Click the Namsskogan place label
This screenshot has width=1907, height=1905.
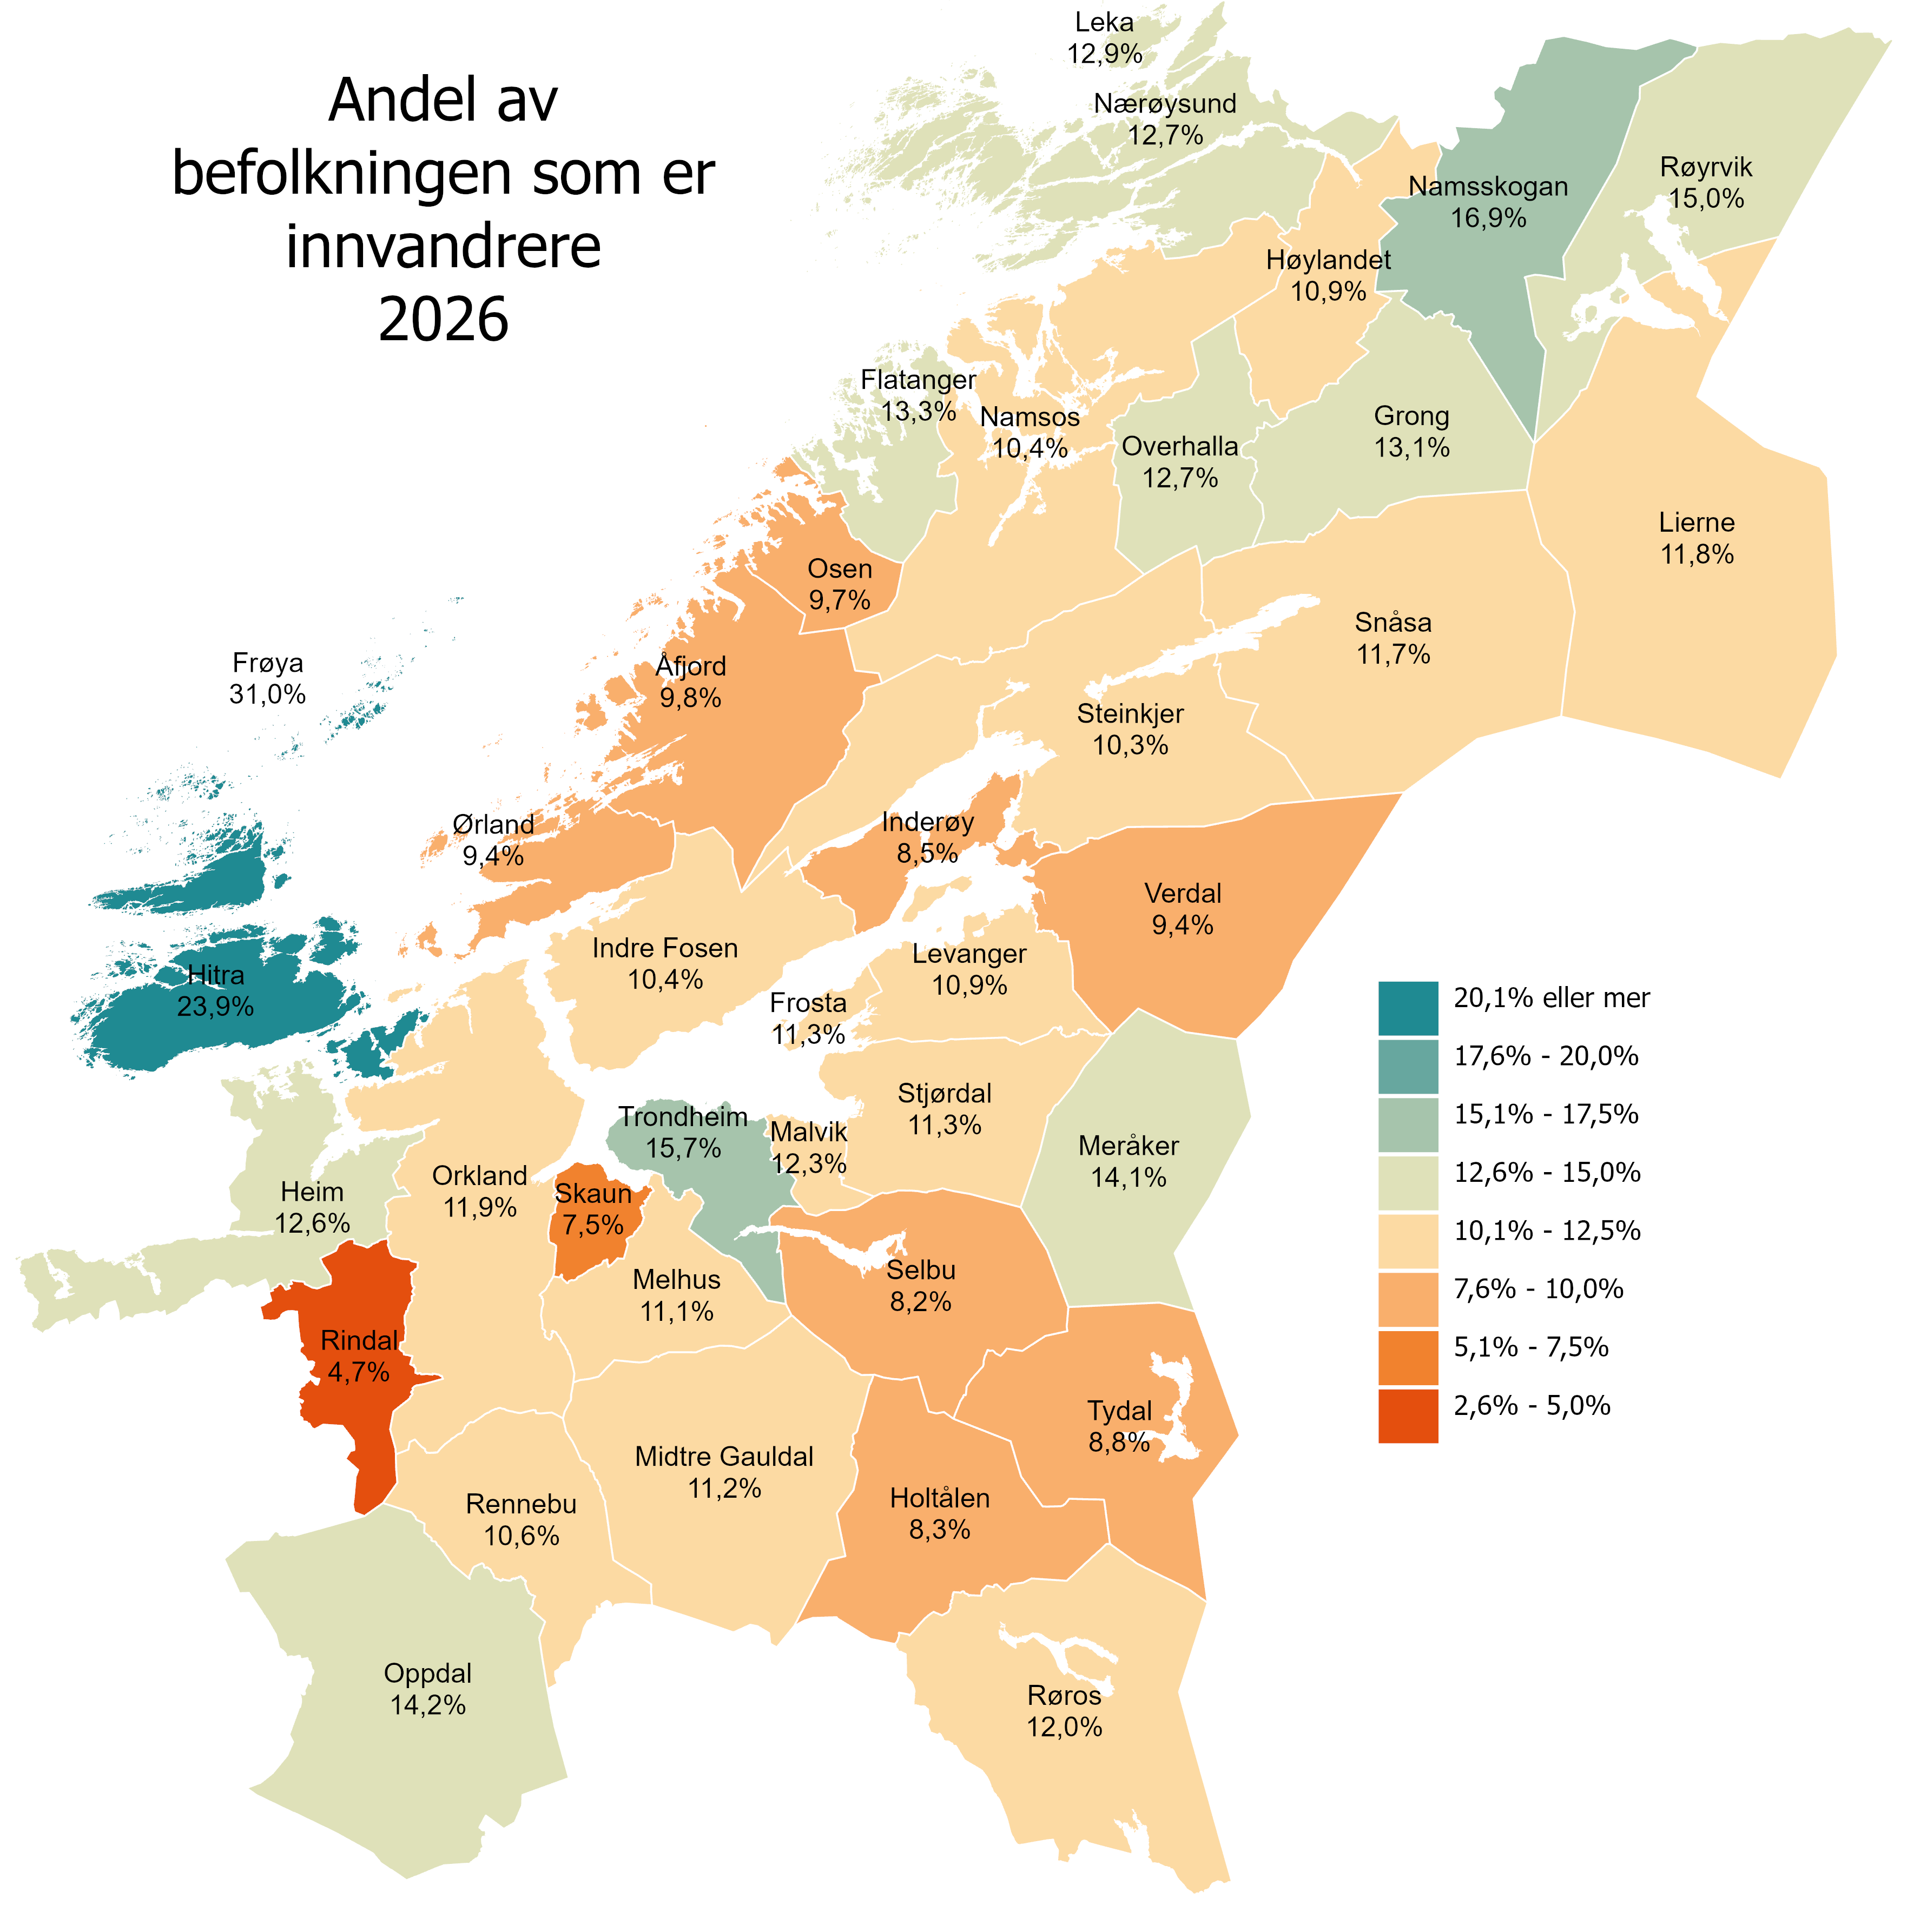click(1488, 187)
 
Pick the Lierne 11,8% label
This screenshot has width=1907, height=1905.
click(1696, 538)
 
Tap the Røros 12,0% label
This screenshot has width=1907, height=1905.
click(1064, 1711)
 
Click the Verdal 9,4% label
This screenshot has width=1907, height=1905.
click(1183, 909)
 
